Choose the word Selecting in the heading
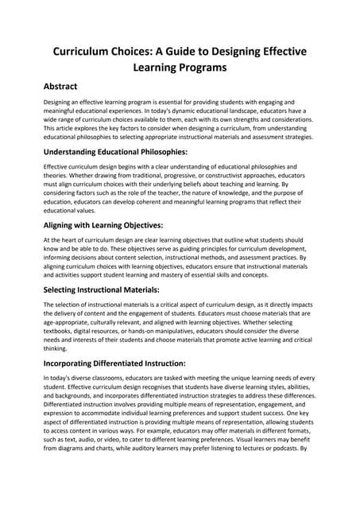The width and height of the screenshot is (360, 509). pyautogui.click(x=68, y=290)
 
